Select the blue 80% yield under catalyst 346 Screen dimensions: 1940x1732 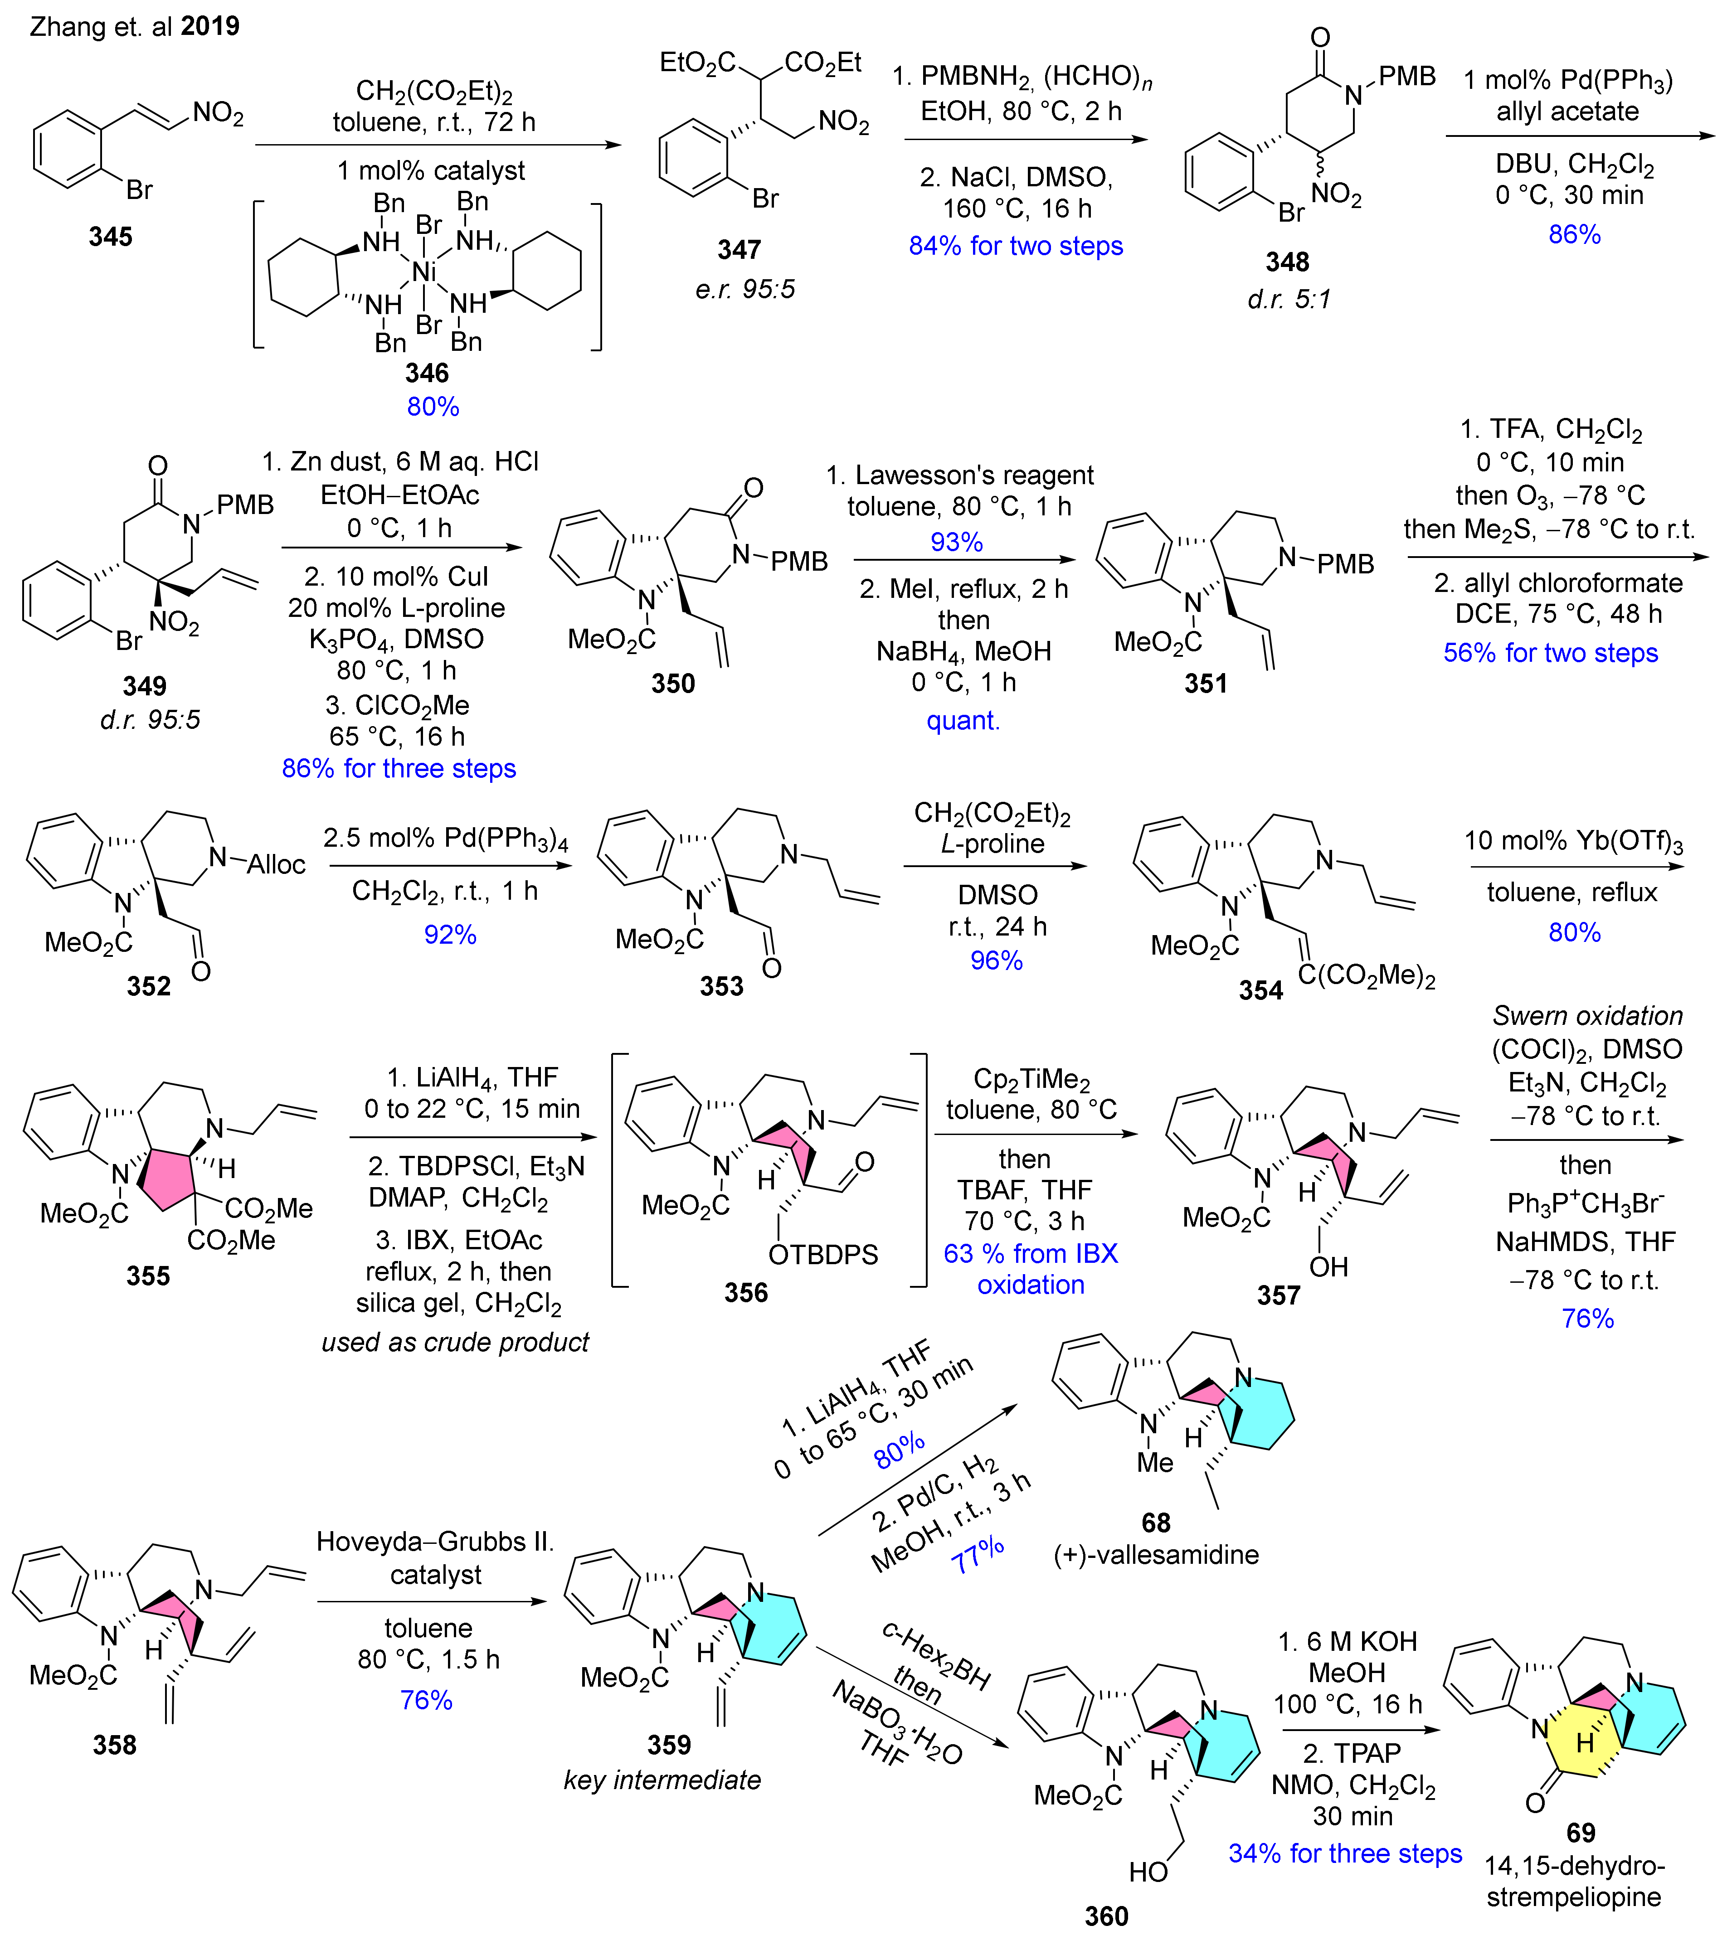(x=433, y=406)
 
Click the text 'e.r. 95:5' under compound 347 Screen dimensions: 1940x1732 (x=744, y=289)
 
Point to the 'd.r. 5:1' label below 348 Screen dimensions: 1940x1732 (x=1289, y=300)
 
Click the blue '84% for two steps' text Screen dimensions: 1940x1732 (x=1016, y=247)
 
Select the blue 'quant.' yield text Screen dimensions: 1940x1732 (x=963, y=720)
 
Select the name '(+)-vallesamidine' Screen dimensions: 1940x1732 (x=1156, y=1555)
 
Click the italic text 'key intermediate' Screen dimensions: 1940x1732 (x=662, y=1780)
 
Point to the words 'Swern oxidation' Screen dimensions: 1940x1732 (x=1587, y=1016)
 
